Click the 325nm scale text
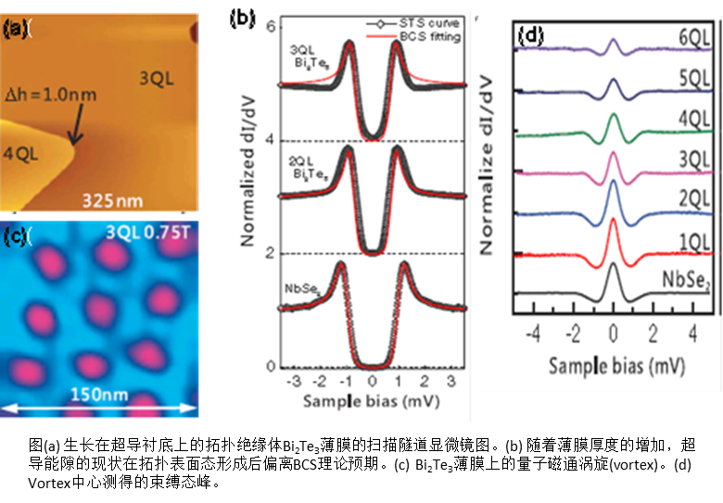[108, 200]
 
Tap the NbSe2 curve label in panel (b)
[299, 272]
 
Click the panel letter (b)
[242, 17]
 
